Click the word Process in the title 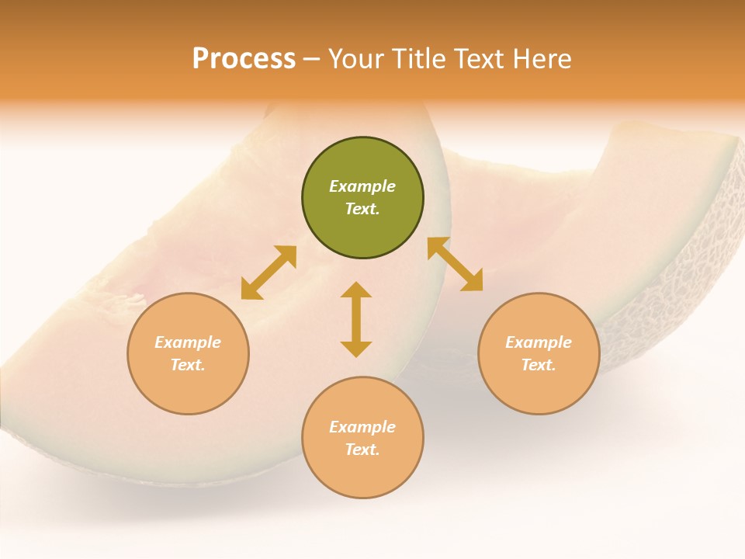pos(244,59)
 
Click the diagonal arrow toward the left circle pos(269,273)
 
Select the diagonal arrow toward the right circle pos(456,264)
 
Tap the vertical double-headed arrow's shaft pos(356,319)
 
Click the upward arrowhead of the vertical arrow pos(356,290)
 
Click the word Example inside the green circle pos(362,186)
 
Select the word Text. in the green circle pos(362,209)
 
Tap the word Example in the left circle pos(188,342)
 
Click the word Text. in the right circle pos(539,365)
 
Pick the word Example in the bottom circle pos(362,427)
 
